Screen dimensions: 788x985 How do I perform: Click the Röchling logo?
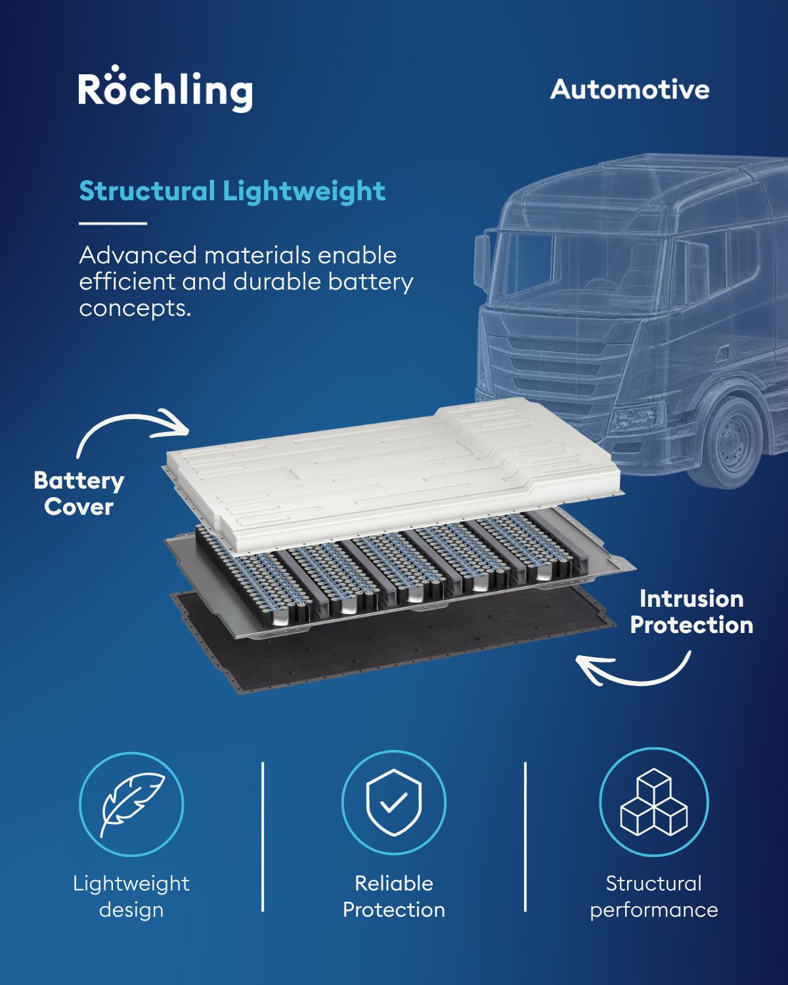(165, 89)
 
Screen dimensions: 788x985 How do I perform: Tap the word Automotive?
(630, 89)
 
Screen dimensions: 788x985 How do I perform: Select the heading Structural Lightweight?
(232, 191)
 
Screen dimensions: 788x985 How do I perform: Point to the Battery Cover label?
(79, 494)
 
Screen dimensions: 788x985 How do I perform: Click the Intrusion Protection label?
(691, 612)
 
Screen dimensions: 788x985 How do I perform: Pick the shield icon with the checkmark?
(394, 802)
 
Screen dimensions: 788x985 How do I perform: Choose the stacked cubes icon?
(654, 802)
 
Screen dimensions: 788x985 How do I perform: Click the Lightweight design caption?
(131, 896)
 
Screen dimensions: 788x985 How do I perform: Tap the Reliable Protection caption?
(394, 896)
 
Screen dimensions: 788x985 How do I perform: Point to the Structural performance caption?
(654, 896)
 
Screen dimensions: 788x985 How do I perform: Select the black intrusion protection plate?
(394, 641)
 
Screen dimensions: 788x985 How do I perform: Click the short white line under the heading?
(113, 223)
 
